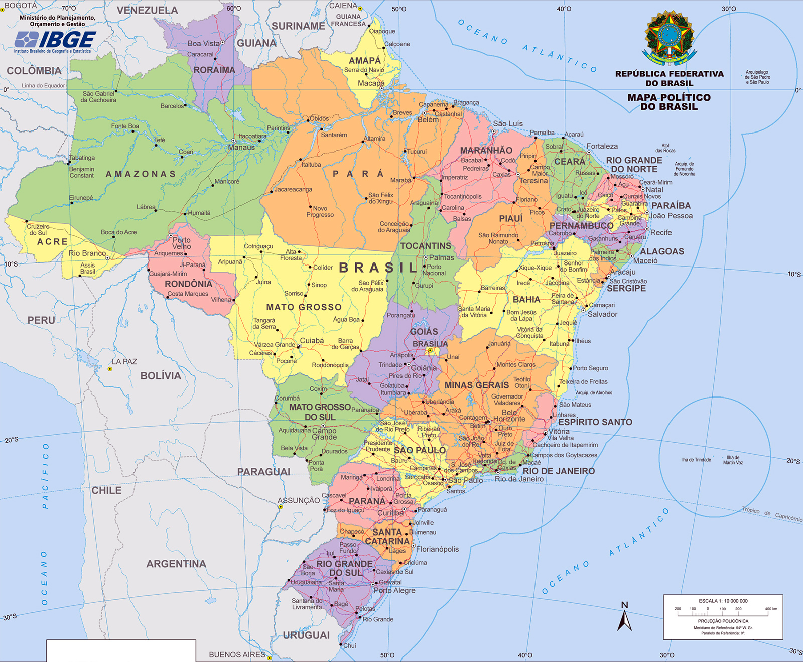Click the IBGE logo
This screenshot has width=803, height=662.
[55, 39]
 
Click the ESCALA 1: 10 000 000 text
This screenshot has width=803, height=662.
[723, 601]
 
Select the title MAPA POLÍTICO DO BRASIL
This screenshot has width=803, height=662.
[668, 102]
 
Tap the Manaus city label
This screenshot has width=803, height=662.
[241, 148]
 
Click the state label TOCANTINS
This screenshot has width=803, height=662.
[426, 246]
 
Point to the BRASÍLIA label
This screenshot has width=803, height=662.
[430, 344]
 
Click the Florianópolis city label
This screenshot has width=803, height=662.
[437, 549]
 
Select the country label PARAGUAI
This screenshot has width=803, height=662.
[263, 472]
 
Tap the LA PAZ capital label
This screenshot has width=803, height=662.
[124, 362]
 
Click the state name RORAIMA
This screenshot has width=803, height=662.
[214, 70]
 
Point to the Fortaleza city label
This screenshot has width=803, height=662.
[602, 146]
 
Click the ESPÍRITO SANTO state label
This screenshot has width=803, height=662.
[595, 422]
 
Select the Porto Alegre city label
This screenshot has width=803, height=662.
[394, 591]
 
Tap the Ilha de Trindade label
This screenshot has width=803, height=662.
[696, 460]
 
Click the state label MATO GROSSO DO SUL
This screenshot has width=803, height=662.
[320, 412]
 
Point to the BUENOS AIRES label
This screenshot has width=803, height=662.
[237, 654]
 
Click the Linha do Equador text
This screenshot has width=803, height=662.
[43, 86]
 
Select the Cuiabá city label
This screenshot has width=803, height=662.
[312, 341]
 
